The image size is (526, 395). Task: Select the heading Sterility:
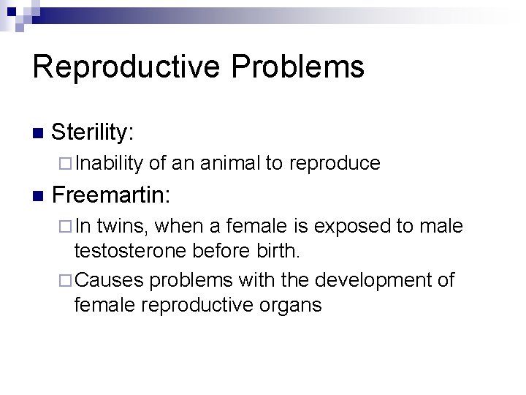tap(93, 132)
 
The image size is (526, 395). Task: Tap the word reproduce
tap(335, 163)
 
